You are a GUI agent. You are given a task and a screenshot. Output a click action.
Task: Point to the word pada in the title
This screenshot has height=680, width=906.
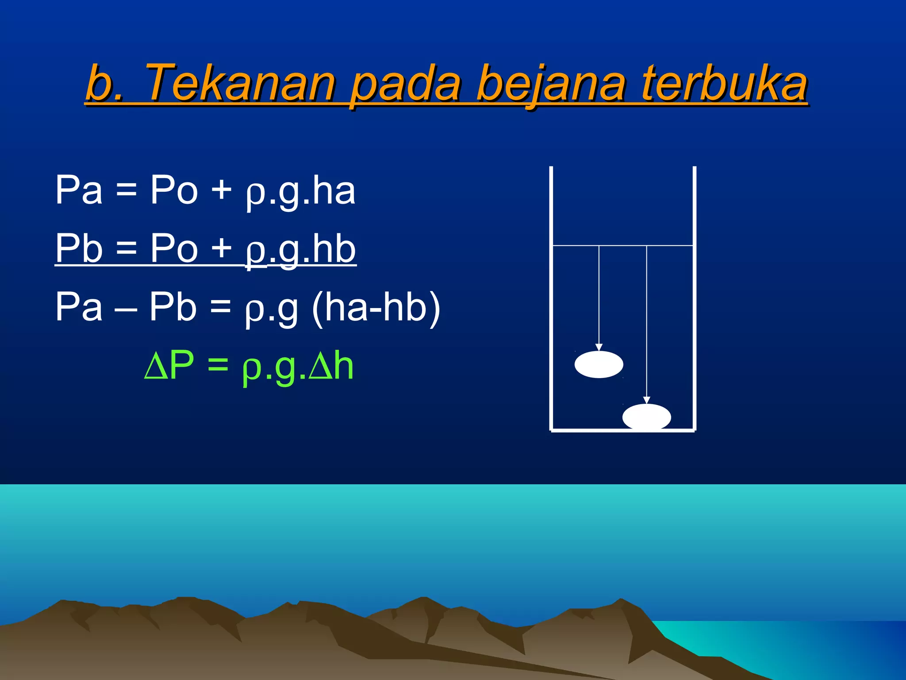pyautogui.click(x=405, y=84)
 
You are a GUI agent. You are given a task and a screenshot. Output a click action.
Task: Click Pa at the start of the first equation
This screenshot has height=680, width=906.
pyautogui.click(x=79, y=190)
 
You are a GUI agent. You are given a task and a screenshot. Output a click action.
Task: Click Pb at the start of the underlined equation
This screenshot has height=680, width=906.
pyautogui.click(x=79, y=248)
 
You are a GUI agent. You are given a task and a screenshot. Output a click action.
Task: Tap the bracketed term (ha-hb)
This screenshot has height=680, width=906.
pyautogui.click(x=376, y=307)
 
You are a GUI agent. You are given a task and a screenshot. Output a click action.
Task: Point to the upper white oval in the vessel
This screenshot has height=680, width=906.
pyautogui.click(x=599, y=364)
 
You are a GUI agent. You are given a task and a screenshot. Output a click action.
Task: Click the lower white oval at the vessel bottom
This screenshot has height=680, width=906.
pyautogui.click(x=646, y=417)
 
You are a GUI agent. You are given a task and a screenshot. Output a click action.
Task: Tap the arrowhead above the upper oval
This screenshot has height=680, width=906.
pyautogui.click(x=599, y=347)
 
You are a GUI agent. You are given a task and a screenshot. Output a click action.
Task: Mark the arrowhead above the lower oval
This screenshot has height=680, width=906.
pyautogui.click(x=647, y=400)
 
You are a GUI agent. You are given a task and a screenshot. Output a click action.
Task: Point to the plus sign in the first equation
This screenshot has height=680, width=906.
pyautogui.click(x=221, y=190)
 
